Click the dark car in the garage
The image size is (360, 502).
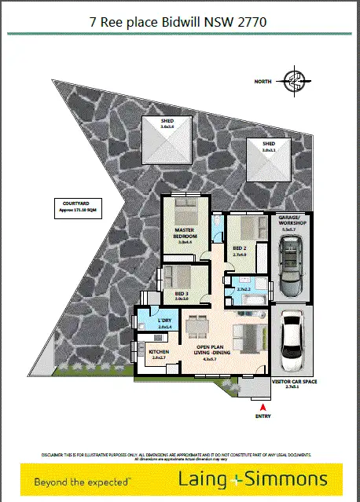click(291, 267)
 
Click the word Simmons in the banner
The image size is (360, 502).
click(288, 478)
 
